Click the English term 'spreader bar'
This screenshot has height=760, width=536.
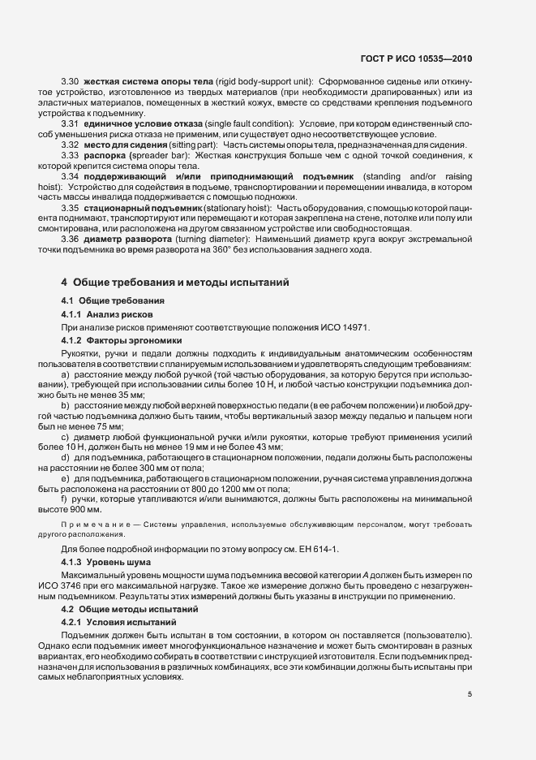[157, 155]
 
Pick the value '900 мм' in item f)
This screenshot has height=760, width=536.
[86, 510]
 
